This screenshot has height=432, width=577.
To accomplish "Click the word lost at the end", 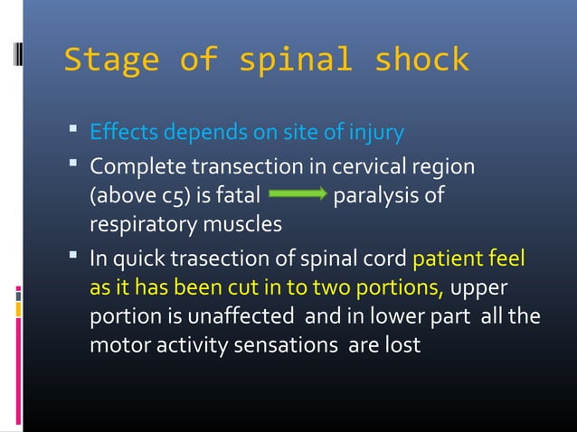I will click(x=402, y=345).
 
